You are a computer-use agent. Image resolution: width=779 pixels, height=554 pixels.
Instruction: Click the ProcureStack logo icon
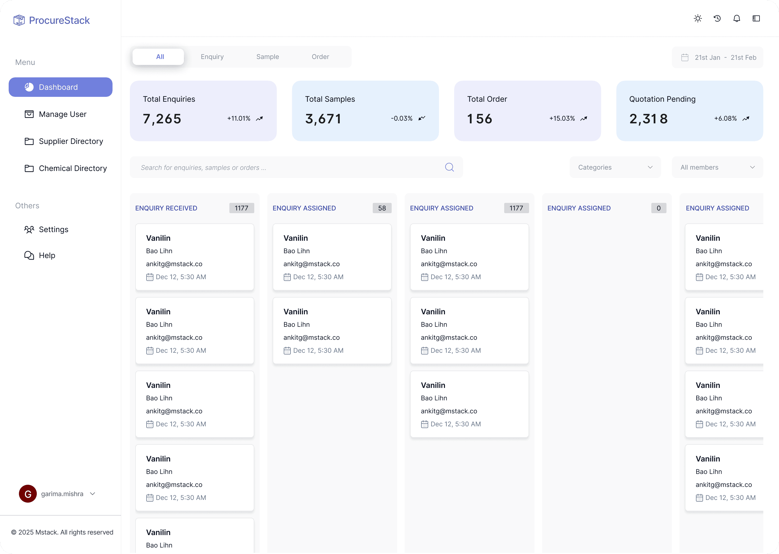pos(19,20)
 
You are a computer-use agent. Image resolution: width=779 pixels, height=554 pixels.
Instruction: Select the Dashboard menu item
pos(60,87)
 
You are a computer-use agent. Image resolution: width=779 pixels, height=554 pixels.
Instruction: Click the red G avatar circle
pos(28,494)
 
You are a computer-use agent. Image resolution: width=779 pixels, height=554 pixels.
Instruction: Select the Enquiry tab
pos(212,57)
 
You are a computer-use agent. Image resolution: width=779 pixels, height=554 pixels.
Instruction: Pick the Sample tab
pos(268,57)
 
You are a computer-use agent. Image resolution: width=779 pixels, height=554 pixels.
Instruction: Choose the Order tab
pos(320,57)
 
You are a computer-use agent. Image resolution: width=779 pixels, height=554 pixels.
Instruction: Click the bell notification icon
pos(737,18)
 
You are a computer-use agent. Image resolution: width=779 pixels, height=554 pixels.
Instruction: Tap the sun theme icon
pos(698,18)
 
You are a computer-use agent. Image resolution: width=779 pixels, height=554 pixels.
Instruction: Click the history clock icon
pos(717,18)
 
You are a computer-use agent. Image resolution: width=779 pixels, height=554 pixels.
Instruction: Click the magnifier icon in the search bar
pos(450,167)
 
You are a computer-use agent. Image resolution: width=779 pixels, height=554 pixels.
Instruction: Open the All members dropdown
pos(718,167)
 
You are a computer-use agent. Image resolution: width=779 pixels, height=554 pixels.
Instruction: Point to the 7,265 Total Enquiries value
pos(162,119)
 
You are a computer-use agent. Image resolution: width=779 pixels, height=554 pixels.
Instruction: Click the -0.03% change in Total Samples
pos(402,118)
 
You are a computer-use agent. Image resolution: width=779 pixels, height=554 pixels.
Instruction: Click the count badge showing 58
pos(382,208)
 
